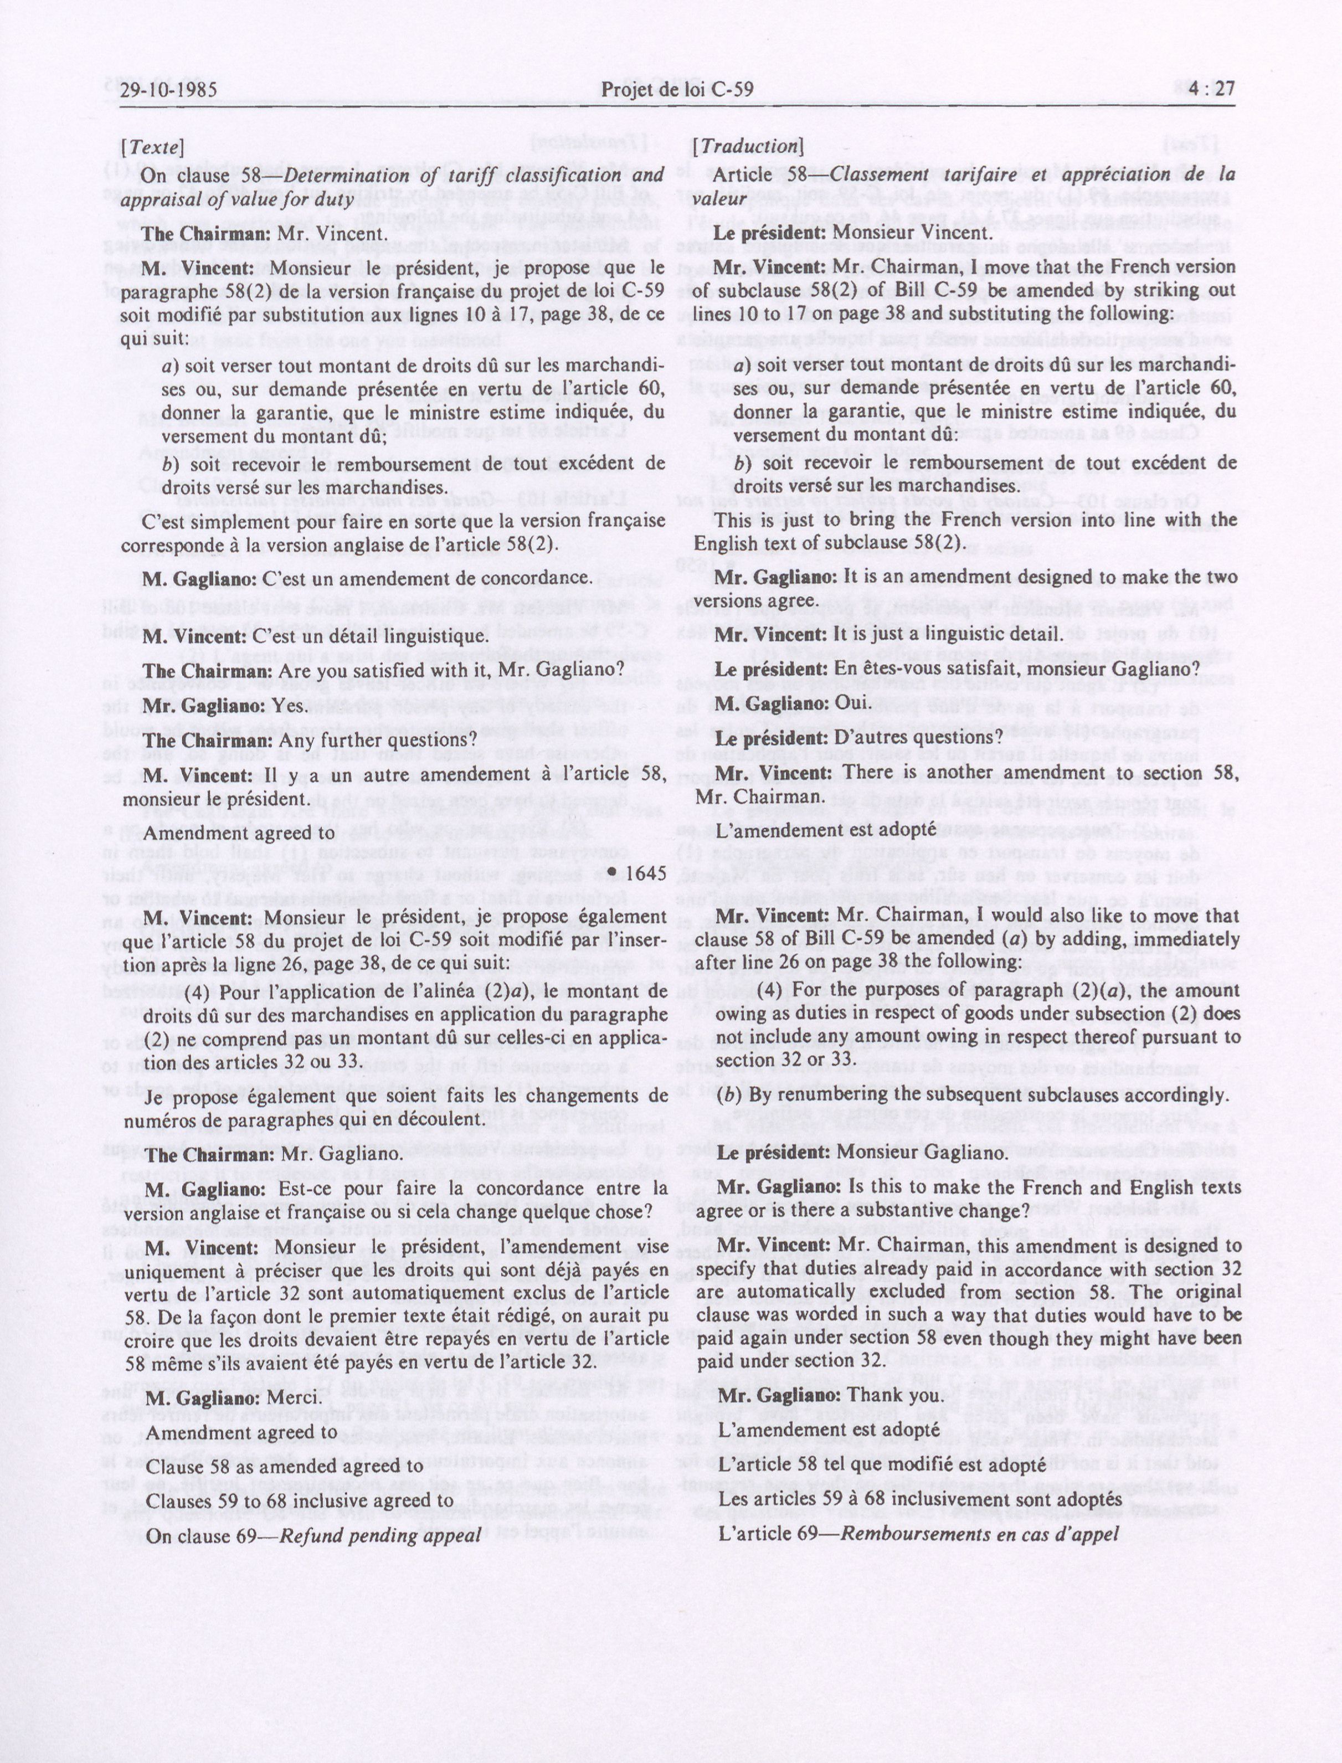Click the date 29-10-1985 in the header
(x=168, y=89)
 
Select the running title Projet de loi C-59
(x=677, y=89)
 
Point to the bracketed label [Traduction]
(x=748, y=146)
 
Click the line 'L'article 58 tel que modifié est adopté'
(x=882, y=1465)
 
